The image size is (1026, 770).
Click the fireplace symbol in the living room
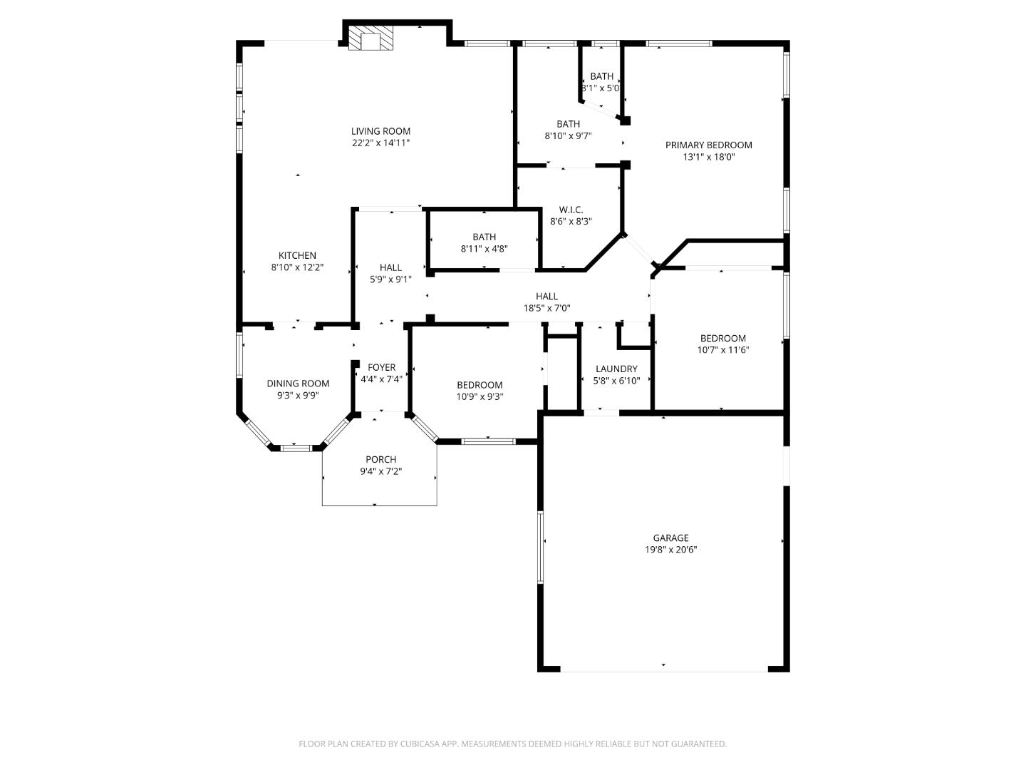(x=370, y=40)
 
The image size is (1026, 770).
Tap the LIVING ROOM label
(x=380, y=131)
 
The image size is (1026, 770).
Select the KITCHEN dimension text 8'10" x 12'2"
(x=297, y=267)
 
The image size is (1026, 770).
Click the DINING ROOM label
(x=298, y=384)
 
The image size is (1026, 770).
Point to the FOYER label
(x=381, y=368)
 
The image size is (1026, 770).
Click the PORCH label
(x=380, y=460)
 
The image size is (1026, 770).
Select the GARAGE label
(x=670, y=538)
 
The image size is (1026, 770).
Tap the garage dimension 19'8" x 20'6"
(x=670, y=550)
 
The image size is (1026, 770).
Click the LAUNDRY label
(x=616, y=369)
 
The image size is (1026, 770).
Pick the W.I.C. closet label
(x=571, y=210)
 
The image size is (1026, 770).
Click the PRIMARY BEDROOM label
(x=708, y=145)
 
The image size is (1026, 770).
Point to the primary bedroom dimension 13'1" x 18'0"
(x=708, y=157)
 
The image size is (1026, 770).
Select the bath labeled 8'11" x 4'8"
(x=484, y=242)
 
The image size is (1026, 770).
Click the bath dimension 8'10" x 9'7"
(x=568, y=135)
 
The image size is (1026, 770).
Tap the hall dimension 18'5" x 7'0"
(x=546, y=308)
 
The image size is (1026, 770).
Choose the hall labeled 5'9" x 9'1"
(x=390, y=273)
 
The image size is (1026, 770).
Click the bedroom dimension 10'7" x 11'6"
(x=722, y=350)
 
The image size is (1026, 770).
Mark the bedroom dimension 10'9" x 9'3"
(x=480, y=396)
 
